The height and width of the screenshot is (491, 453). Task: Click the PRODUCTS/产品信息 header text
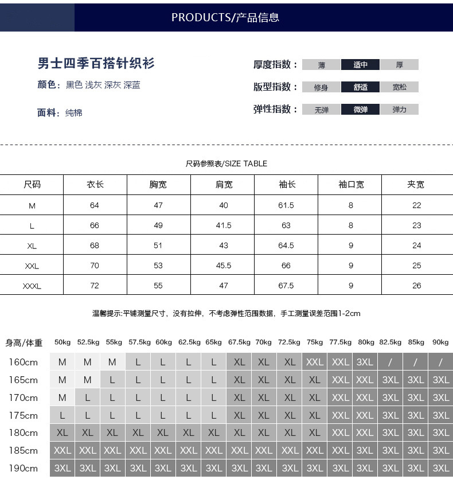pyautogui.click(x=225, y=17)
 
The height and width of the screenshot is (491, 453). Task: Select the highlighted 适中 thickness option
pyautogui.click(x=360, y=65)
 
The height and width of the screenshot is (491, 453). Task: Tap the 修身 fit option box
pyautogui.click(x=321, y=87)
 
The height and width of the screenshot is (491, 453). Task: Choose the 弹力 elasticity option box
pyautogui.click(x=399, y=110)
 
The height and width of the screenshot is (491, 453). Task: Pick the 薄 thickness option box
pyautogui.click(x=321, y=65)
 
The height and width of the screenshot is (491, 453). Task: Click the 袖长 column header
pyautogui.click(x=287, y=185)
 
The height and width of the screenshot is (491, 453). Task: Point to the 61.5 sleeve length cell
pyautogui.click(x=286, y=205)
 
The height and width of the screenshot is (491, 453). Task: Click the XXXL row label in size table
pyautogui.click(x=32, y=286)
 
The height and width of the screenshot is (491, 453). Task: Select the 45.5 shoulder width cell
pyautogui.click(x=224, y=266)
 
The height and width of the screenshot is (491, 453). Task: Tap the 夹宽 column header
pyautogui.click(x=416, y=185)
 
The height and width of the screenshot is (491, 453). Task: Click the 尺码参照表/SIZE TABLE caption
pyautogui.click(x=226, y=163)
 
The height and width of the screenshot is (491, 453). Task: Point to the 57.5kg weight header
pyautogui.click(x=139, y=342)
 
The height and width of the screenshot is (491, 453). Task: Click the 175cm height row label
pyautogui.click(x=23, y=415)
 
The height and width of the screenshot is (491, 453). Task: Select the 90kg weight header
pyautogui.click(x=440, y=342)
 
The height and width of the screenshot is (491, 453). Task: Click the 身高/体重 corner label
pyautogui.click(x=24, y=343)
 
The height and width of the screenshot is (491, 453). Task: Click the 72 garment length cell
pyautogui.click(x=95, y=286)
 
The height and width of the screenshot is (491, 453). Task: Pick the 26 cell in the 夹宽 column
pyautogui.click(x=416, y=286)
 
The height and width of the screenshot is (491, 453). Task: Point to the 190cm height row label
pyautogui.click(x=23, y=468)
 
